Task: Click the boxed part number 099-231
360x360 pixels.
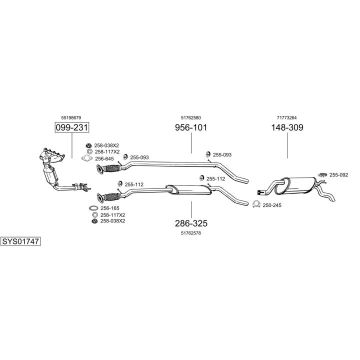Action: [x=71, y=128]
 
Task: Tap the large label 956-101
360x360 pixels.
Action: [x=190, y=127]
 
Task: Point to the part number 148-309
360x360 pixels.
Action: [x=287, y=127]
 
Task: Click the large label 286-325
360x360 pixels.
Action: [x=190, y=223]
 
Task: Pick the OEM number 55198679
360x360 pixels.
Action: [x=71, y=117]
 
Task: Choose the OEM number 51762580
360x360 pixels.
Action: [x=190, y=117]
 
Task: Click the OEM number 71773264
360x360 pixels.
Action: [x=287, y=117]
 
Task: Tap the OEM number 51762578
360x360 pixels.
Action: [x=190, y=232]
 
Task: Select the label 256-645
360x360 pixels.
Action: [x=104, y=158]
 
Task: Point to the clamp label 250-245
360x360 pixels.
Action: [x=272, y=204]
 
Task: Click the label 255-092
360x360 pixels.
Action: [x=338, y=175]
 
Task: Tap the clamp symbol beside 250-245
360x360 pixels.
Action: [x=256, y=204]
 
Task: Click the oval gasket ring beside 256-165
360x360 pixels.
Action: [x=93, y=208]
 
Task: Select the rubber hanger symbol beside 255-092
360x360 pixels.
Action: [x=322, y=174]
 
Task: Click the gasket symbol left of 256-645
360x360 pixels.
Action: [x=87, y=159]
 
